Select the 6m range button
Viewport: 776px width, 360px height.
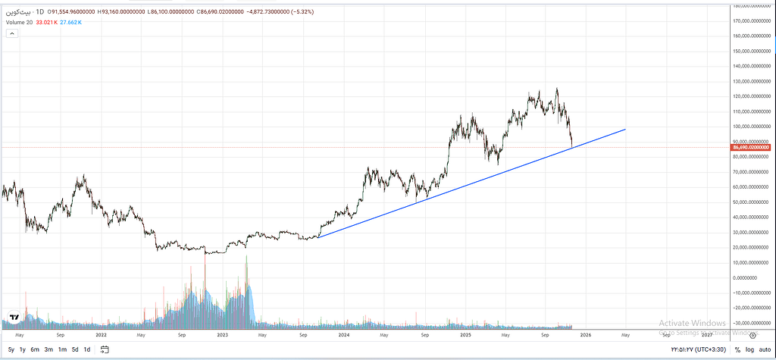(x=35, y=349)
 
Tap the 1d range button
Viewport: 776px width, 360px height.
(x=87, y=349)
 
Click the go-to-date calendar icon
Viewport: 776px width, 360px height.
(x=105, y=349)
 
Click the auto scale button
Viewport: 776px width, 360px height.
(x=765, y=349)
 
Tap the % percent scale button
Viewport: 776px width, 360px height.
(x=737, y=349)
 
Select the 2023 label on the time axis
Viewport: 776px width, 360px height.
(x=222, y=334)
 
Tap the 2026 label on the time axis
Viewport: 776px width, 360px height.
(x=586, y=334)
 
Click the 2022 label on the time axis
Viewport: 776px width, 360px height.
(x=100, y=334)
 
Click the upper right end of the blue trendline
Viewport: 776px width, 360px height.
(x=625, y=130)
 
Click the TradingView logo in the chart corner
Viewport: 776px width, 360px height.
(x=14, y=318)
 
